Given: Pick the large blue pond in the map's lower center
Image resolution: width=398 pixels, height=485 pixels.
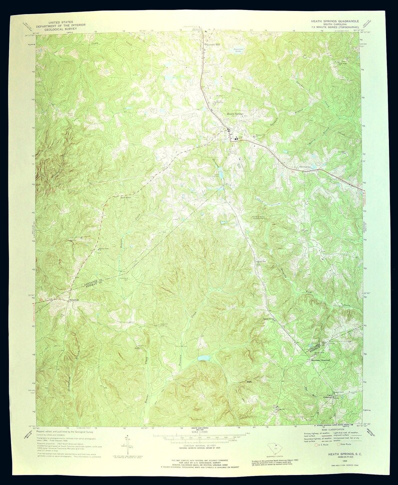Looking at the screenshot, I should point(204,358).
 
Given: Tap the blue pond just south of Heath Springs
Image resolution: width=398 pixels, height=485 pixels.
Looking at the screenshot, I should point(221,175).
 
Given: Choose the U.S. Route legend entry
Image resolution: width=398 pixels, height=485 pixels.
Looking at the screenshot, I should point(319,444).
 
